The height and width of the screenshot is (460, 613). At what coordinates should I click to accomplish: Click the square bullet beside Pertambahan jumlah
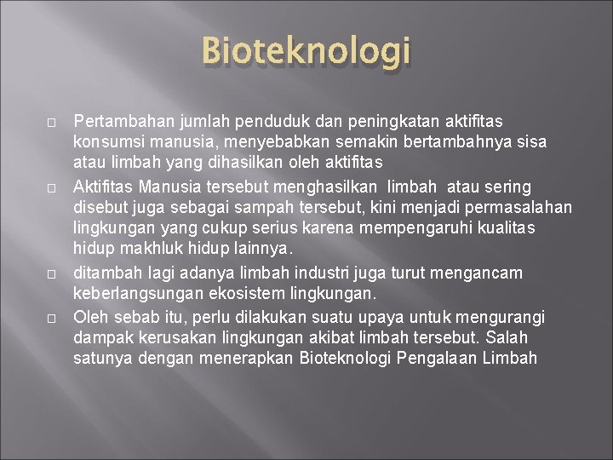click(x=52, y=124)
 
